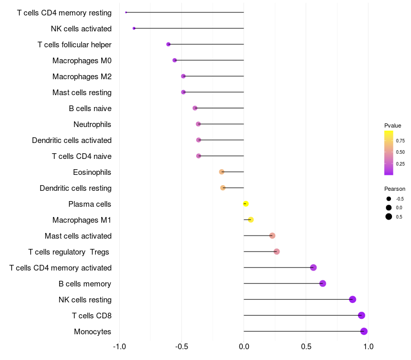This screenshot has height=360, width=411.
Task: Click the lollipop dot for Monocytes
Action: (364, 331)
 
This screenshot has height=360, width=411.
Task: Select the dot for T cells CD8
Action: (361, 315)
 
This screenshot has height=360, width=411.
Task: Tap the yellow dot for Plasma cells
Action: (246, 204)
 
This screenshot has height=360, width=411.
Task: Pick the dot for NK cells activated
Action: (134, 28)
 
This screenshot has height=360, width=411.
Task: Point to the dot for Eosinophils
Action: (221, 172)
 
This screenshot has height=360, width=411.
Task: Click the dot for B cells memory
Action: (323, 283)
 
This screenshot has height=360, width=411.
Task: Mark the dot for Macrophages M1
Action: (251, 220)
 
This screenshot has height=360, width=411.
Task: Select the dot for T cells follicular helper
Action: (169, 44)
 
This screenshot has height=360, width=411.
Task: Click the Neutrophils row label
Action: (92, 124)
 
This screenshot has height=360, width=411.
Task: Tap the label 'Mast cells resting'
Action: (82, 93)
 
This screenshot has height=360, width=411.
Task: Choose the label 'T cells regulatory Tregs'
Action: (69, 252)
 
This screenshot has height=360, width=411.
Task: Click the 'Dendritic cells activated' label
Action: (71, 140)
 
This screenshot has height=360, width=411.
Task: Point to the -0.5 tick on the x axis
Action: (181, 347)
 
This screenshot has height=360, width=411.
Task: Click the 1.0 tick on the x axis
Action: (368, 347)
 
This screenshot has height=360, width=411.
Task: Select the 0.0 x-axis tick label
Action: (244, 347)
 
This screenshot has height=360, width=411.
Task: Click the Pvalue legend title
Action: (393, 125)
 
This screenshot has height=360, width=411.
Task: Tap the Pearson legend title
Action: (395, 189)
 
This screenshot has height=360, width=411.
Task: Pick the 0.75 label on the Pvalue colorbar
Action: (400, 140)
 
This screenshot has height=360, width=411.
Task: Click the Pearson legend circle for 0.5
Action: (389, 217)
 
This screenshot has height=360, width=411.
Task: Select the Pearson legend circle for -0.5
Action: (389, 199)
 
